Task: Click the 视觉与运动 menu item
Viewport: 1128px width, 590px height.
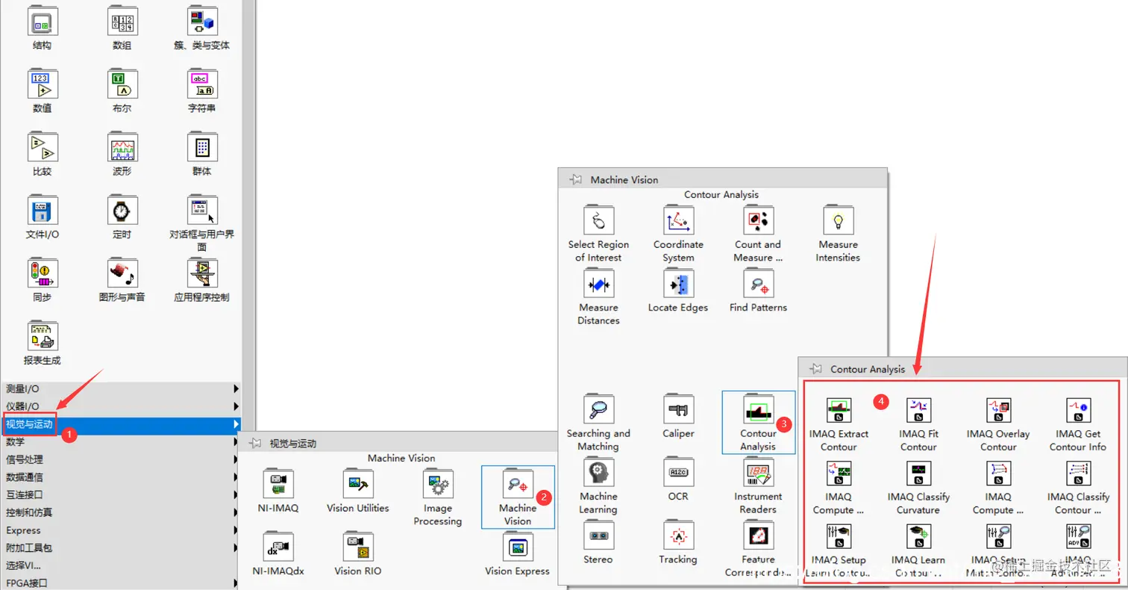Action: (x=30, y=425)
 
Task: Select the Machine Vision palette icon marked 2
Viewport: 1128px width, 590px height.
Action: (x=517, y=485)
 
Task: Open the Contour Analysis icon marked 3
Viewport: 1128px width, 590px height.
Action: (x=758, y=411)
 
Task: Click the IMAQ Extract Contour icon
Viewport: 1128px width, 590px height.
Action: (x=839, y=411)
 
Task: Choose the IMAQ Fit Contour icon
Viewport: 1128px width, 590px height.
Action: (x=918, y=411)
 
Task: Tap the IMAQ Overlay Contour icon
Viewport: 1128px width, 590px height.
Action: (x=998, y=411)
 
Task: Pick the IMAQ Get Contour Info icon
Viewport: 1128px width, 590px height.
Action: (x=1078, y=411)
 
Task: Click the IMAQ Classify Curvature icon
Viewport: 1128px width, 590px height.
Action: (x=918, y=473)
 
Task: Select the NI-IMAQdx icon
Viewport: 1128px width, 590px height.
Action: (x=278, y=547)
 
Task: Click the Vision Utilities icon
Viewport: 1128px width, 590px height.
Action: (x=357, y=485)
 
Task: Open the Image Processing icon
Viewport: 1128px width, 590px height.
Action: (x=437, y=485)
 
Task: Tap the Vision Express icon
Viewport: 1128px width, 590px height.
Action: (x=517, y=547)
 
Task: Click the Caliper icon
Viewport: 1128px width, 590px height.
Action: (x=678, y=410)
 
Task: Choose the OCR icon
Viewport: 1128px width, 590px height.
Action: (x=678, y=473)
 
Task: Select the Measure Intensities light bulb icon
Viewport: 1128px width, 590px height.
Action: (x=838, y=221)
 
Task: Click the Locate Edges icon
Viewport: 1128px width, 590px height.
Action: (x=678, y=284)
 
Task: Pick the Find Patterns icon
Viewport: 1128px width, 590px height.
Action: (x=758, y=284)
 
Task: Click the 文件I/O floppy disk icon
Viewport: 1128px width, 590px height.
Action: (x=42, y=211)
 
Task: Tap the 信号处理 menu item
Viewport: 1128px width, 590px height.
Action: (x=25, y=459)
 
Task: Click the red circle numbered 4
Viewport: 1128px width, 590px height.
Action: (x=882, y=402)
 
